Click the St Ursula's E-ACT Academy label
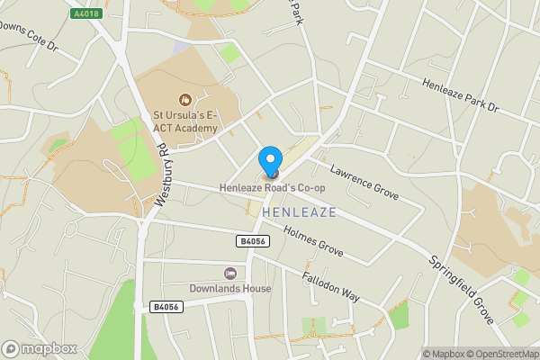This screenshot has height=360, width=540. pyautogui.click(x=184, y=121)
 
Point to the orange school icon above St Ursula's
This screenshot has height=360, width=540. pyautogui.click(x=184, y=99)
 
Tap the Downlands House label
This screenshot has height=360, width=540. pyautogui.click(x=230, y=289)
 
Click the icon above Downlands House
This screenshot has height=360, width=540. pyautogui.click(x=230, y=273)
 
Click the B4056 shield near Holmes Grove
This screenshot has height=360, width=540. pyautogui.click(x=252, y=241)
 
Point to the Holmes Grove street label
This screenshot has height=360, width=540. pyautogui.click(x=313, y=239)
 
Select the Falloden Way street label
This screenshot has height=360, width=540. pyautogui.click(x=330, y=286)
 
